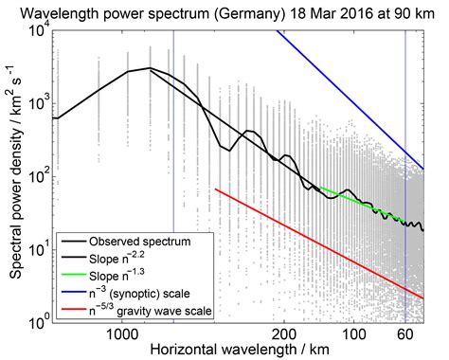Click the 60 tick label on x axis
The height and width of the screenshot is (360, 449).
click(405, 334)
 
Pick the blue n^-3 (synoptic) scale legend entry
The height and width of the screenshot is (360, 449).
click(152, 293)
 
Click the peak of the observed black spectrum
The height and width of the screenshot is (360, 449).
click(149, 68)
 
